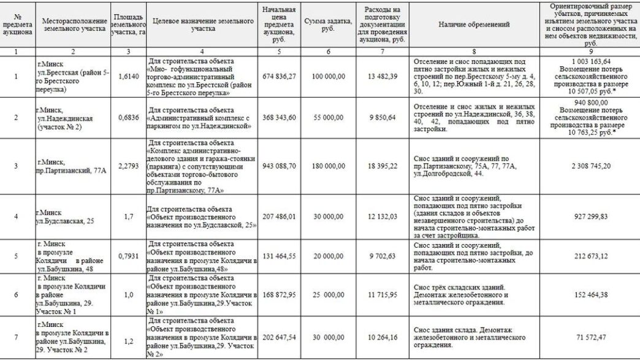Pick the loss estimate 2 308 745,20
tap(590, 166)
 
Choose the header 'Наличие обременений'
tap(474, 25)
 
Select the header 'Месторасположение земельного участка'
tap(74, 25)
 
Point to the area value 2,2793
tap(128, 166)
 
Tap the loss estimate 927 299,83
tap(590, 216)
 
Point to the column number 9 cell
tap(590, 51)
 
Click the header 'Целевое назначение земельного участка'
tap(202, 25)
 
